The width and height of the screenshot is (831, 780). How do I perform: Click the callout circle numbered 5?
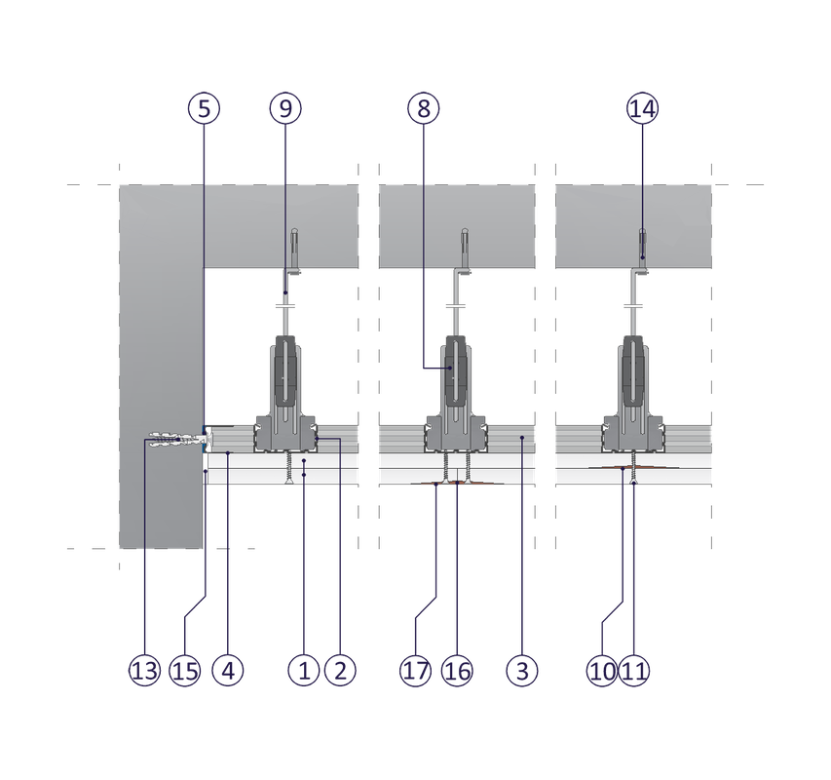(x=203, y=108)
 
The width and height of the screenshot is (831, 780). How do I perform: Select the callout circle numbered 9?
(x=283, y=108)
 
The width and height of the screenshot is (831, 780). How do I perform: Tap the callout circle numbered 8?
(x=423, y=108)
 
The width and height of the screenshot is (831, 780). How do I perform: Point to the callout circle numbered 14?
(x=642, y=108)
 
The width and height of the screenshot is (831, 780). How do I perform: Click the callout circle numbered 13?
(x=143, y=670)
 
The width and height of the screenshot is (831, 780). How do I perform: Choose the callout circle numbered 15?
(x=184, y=670)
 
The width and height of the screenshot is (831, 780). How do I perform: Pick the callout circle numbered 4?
(x=227, y=670)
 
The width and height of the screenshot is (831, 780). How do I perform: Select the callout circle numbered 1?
(x=304, y=670)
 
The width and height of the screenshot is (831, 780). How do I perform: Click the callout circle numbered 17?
(x=415, y=670)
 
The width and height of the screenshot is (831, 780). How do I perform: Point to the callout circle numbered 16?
(x=456, y=670)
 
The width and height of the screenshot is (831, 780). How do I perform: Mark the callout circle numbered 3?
(x=522, y=670)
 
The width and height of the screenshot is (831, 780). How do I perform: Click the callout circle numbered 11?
(x=634, y=670)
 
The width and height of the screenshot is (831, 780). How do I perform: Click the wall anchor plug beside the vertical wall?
(x=171, y=441)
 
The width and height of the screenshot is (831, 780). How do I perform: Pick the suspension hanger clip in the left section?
(x=283, y=370)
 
